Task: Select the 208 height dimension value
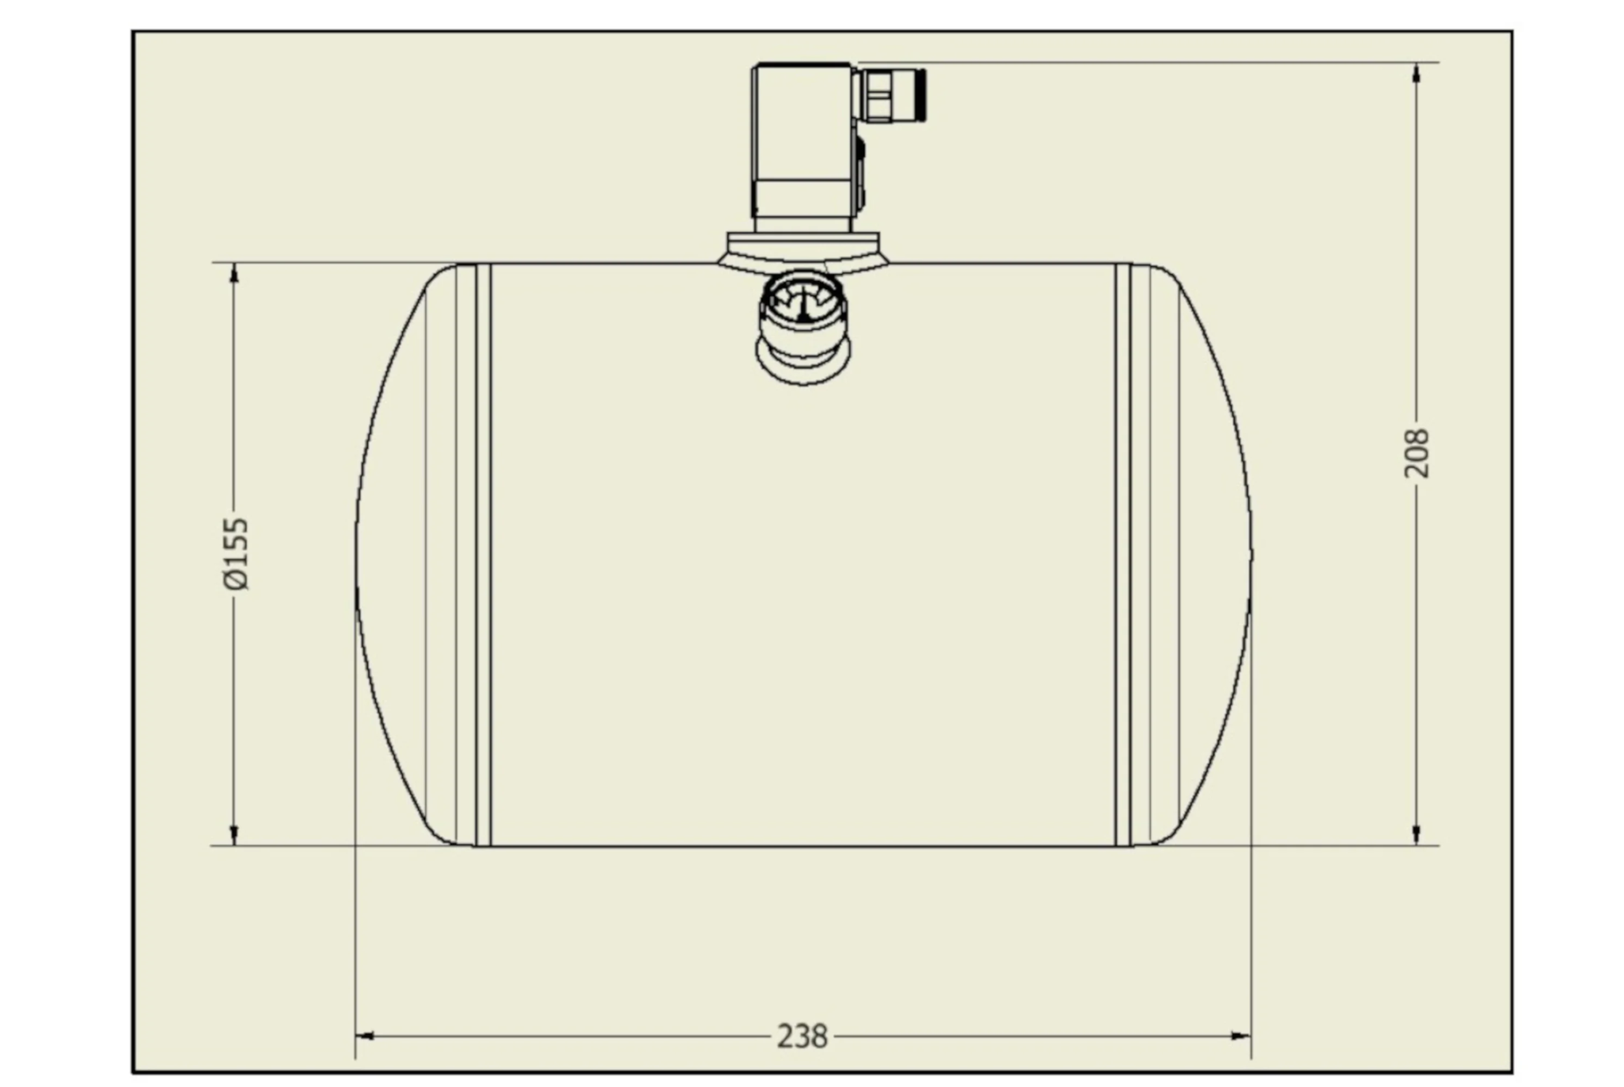1416,453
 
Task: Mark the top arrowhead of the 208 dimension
1416,72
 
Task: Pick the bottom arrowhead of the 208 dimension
1416,835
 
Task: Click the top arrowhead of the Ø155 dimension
233,273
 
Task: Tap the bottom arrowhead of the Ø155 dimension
233,835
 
